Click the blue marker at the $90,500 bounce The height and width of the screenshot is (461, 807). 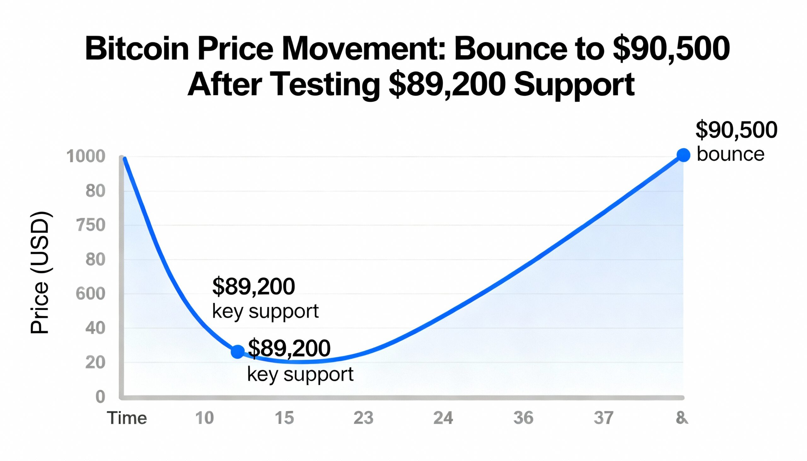click(683, 155)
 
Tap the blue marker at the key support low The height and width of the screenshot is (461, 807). click(238, 351)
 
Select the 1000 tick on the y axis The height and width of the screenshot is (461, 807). click(85, 156)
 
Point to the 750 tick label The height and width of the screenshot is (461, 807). click(90, 225)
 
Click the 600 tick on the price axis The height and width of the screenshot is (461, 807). click(90, 294)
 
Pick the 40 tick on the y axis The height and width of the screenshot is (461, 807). click(95, 328)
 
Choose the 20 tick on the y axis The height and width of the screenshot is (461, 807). click(95, 363)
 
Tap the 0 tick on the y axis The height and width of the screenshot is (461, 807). click(100, 397)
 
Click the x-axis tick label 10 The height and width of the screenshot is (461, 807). click(204, 418)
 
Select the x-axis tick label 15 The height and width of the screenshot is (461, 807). click(284, 418)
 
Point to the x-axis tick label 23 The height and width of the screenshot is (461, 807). click(363, 418)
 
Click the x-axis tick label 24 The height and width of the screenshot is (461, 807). click(443, 418)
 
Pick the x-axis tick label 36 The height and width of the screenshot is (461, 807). click(523, 418)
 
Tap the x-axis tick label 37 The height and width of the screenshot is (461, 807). click(603, 418)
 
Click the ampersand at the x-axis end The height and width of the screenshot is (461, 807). click(682, 418)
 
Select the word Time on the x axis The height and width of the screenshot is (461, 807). click(127, 418)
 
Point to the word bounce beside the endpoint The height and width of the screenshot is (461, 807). click(731, 154)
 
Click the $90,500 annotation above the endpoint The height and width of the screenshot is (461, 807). click(736, 130)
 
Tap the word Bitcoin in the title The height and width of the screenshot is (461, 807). click(137, 49)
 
